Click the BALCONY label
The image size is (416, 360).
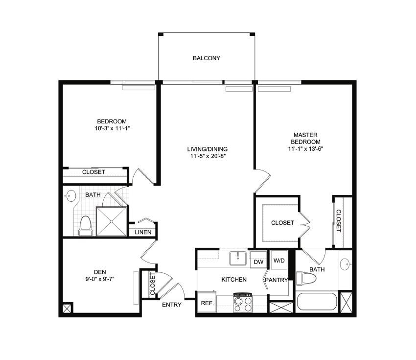[x=207, y=58]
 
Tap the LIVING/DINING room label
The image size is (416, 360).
[x=208, y=149]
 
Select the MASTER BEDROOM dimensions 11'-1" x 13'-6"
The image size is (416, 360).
[x=305, y=149]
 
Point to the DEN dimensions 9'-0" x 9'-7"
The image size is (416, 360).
[x=100, y=279]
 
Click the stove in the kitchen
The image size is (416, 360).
[x=243, y=303]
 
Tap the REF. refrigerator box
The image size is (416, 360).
[x=207, y=302]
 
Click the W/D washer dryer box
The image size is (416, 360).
[x=279, y=260]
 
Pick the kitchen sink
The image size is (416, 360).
[x=238, y=258]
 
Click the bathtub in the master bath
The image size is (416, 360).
[x=317, y=302]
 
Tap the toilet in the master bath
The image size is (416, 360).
[x=306, y=279]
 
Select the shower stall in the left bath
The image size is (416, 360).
[x=112, y=221]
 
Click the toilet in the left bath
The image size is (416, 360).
[x=86, y=226]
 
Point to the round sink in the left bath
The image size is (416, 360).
[x=70, y=196]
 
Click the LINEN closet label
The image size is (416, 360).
[x=143, y=232]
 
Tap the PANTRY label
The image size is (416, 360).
[x=277, y=280]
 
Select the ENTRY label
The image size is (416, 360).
[x=172, y=305]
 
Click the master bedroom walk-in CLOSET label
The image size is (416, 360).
[x=282, y=223]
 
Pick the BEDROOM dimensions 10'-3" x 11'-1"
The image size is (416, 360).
[x=113, y=128]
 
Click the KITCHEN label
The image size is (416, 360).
[x=234, y=280]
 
